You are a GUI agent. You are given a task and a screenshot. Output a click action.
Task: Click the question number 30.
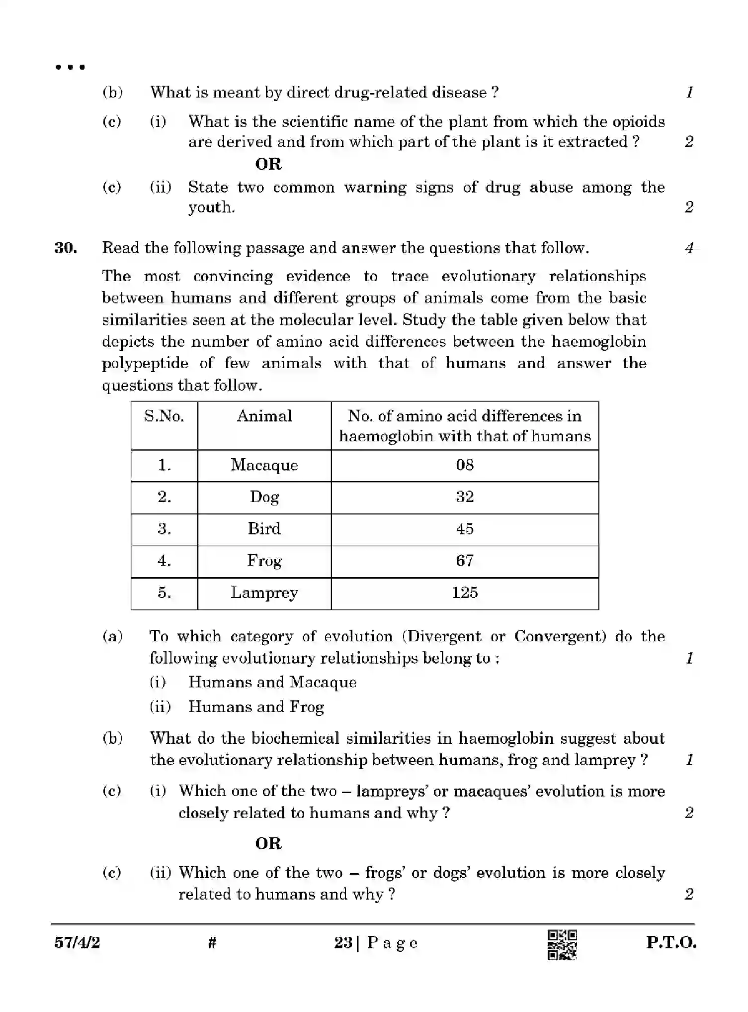click(x=66, y=248)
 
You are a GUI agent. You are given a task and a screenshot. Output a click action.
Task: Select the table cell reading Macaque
click(x=264, y=465)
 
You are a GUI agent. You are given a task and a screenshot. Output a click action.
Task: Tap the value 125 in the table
click(x=465, y=593)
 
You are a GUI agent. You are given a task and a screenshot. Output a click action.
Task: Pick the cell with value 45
click(x=465, y=528)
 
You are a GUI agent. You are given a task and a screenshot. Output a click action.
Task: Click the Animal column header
click(x=264, y=416)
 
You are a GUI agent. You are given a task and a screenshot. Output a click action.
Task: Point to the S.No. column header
click(x=164, y=416)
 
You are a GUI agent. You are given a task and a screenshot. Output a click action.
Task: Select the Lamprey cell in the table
click(x=264, y=593)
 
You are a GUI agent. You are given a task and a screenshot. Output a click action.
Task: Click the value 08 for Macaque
click(x=465, y=465)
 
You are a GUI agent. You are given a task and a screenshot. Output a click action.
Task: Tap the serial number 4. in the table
click(x=164, y=561)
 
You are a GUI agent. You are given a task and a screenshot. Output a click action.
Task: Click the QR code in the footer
click(x=562, y=944)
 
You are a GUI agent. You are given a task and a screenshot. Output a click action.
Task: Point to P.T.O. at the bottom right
click(x=671, y=942)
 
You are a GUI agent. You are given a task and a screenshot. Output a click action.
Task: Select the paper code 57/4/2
click(x=77, y=942)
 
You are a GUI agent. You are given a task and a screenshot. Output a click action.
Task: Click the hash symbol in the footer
click(x=212, y=942)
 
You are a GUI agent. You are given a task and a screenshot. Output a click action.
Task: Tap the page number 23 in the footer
click(x=343, y=942)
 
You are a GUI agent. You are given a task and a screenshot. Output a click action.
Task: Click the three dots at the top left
click(x=71, y=67)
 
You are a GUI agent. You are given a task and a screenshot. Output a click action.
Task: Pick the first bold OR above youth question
click(x=268, y=164)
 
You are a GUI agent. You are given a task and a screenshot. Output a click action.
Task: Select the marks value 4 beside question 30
click(x=689, y=248)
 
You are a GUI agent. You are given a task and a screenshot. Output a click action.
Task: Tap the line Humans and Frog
click(x=255, y=707)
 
